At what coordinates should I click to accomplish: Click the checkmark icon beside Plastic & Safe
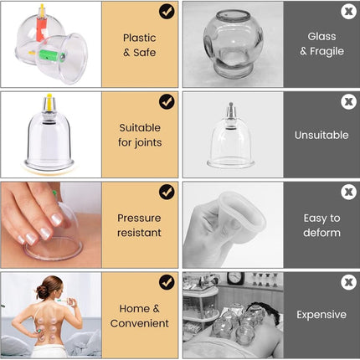point(167,12)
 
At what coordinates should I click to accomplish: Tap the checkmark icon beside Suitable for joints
point(167,101)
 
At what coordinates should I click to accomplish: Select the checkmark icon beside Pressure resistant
point(167,192)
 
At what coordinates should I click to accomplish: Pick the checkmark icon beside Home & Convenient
point(167,282)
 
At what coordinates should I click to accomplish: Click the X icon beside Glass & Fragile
point(348,12)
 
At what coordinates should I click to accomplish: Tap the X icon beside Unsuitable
point(348,101)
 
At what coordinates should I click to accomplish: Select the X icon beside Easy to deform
point(348,192)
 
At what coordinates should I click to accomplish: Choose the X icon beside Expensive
point(348,282)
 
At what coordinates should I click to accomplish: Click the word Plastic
point(139,38)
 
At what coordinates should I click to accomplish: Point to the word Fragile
point(328,51)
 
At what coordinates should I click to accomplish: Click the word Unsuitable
point(321,135)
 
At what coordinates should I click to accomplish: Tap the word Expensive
point(321,315)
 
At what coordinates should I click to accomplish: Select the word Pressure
point(139,218)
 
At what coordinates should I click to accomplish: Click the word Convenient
point(139,322)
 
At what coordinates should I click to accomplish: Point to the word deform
point(321,232)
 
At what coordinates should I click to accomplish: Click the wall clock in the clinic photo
point(235,278)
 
